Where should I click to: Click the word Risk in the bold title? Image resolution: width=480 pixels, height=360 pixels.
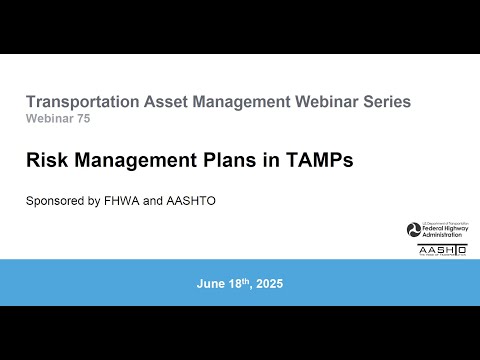(x=45, y=158)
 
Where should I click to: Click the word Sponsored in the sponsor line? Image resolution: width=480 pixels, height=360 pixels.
(x=56, y=201)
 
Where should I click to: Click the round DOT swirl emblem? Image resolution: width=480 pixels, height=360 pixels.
(x=413, y=230)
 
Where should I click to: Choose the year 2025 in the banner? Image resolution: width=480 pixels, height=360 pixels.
(x=268, y=284)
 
